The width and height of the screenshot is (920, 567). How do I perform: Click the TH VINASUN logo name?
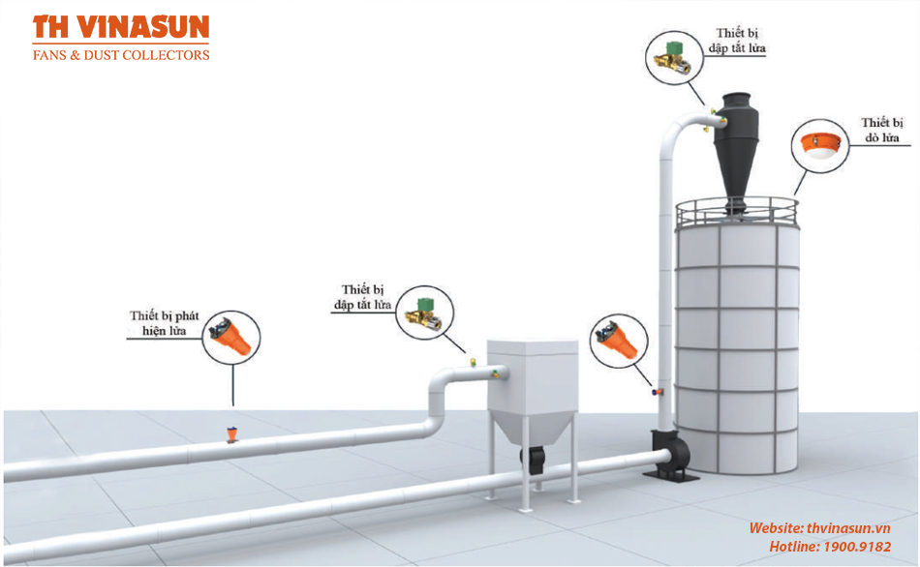121,27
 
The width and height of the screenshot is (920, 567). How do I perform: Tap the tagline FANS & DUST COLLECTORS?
121,55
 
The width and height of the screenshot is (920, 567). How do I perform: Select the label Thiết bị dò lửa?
882,130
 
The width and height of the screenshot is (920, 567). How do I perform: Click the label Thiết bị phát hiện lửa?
165,323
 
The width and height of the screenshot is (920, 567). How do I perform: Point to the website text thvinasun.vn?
848,528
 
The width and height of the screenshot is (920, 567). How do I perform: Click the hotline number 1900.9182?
857,547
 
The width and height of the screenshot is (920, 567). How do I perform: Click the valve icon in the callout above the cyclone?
674,57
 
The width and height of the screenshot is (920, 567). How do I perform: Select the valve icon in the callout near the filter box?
424,313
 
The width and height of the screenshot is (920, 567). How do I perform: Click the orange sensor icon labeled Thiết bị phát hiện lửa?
230,337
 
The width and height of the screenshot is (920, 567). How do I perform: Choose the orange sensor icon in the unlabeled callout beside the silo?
617,340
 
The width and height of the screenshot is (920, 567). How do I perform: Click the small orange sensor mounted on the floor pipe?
232,434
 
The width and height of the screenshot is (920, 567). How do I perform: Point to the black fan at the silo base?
671,456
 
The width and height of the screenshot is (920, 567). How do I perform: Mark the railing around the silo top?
737,212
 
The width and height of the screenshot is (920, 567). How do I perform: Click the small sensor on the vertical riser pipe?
658,391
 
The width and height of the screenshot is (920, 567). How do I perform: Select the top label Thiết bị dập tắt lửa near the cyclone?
737,41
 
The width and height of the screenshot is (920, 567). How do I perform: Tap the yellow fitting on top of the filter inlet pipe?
473,363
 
